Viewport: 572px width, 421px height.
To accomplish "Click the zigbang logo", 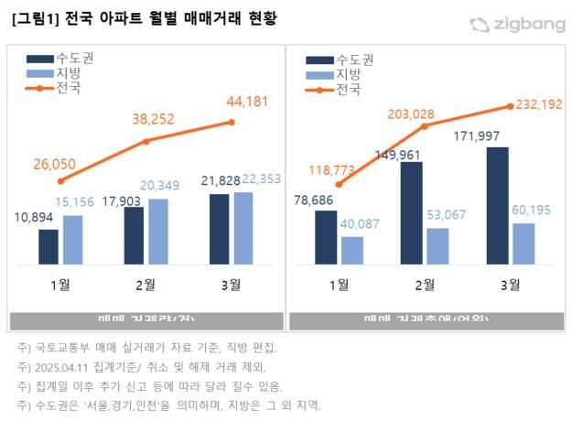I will pos(517,25).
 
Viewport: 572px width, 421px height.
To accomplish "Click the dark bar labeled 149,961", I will pos(411,213).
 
